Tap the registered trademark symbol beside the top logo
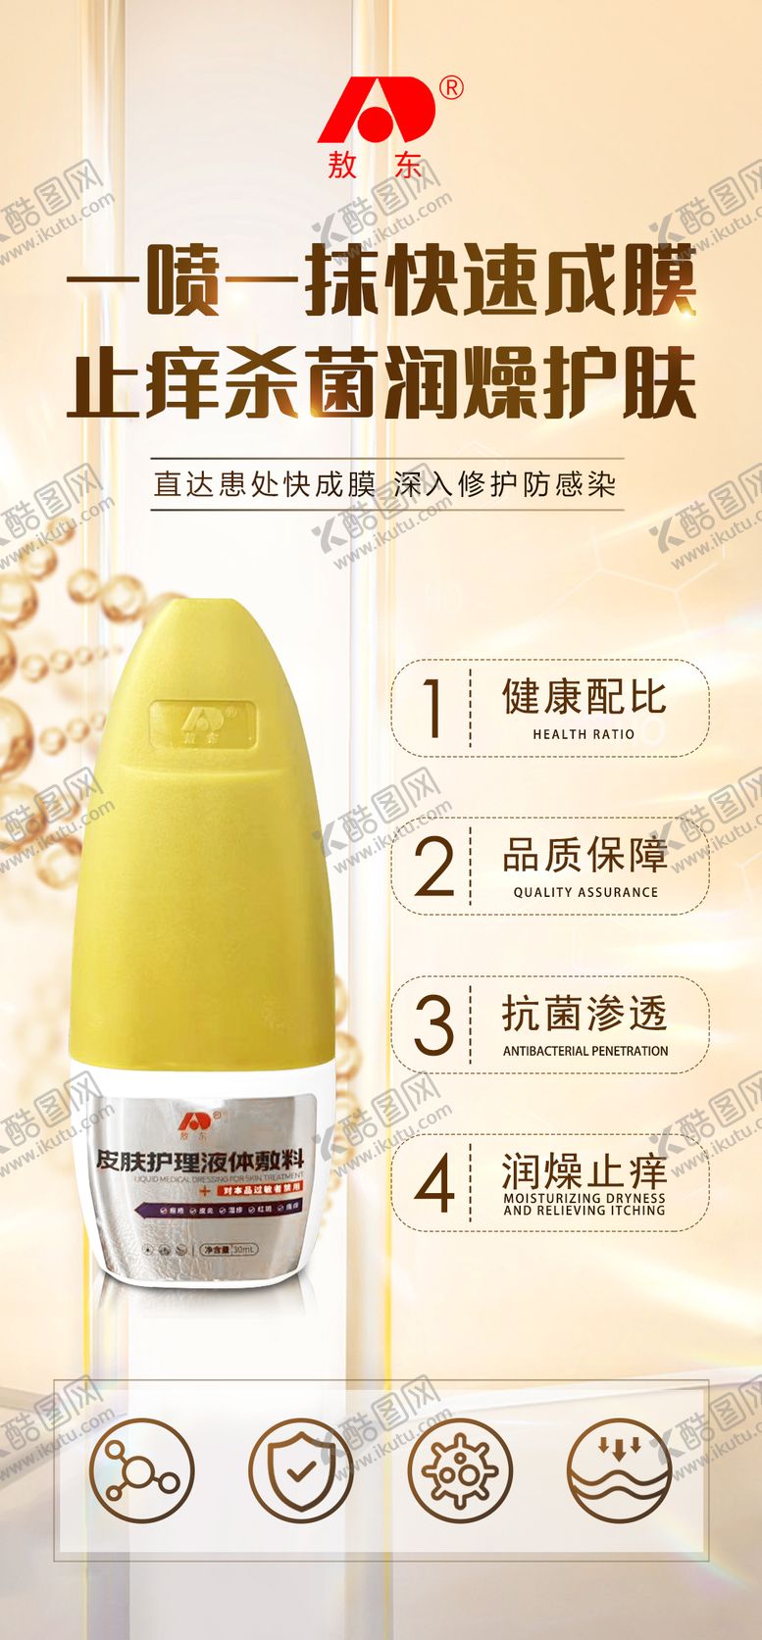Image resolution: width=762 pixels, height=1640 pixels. tap(452, 88)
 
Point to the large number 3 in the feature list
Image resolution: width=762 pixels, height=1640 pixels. tap(432, 1025)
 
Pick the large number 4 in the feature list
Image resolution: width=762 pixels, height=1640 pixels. tap(433, 1184)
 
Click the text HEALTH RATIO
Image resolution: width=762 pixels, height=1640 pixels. tap(584, 734)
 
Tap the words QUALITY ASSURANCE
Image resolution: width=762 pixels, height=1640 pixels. tap(585, 892)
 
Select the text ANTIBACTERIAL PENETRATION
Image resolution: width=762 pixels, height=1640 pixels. tap(585, 1051)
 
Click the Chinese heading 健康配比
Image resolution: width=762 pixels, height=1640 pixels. tap(584, 698)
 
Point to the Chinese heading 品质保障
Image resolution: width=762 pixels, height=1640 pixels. tap(585, 856)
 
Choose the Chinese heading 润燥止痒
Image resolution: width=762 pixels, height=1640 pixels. tap(584, 1170)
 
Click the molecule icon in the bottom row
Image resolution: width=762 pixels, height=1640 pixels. tap(142, 1471)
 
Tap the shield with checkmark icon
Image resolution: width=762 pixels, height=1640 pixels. tap(300, 1471)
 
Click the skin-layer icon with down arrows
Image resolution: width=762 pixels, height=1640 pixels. tap(619, 1471)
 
